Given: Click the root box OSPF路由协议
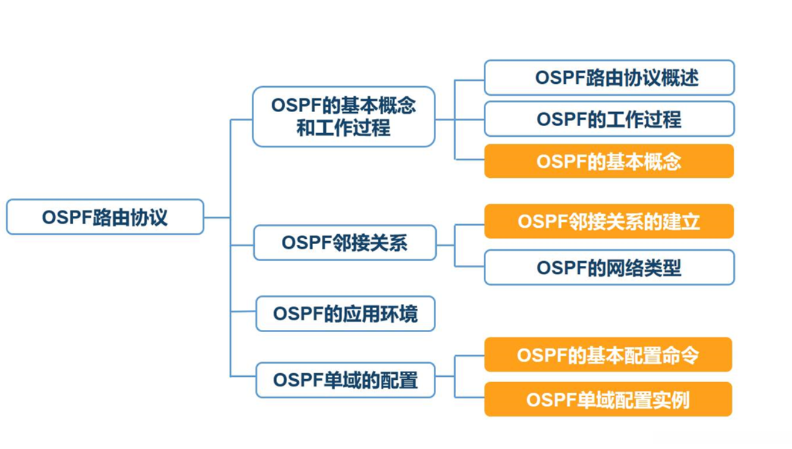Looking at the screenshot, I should click(105, 217).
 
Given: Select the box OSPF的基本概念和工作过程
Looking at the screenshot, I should click(343, 117).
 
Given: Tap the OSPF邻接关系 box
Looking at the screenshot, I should click(345, 242).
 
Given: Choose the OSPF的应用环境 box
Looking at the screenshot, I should click(345, 313).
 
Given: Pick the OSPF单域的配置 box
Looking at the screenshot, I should click(345, 380).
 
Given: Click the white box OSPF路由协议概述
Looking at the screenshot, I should click(609, 77).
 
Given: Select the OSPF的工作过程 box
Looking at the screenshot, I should click(609, 119).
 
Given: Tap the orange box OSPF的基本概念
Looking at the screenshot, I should click(609, 161).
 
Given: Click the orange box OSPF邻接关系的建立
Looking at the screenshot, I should click(609, 221).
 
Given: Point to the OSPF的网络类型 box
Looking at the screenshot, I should click(609, 268).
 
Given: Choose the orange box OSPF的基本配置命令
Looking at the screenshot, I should click(608, 355).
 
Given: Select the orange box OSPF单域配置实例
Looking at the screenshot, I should click(608, 400).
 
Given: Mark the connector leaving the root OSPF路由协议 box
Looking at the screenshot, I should click(217, 217).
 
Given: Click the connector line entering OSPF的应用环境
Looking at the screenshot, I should click(243, 312).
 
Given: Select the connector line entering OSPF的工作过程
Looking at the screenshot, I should click(470, 119).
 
